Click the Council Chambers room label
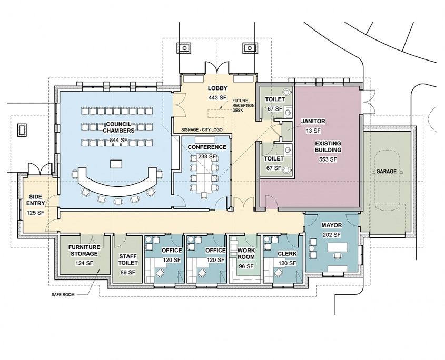pyautogui.click(x=118, y=127)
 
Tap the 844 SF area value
pyautogui.click(x=118, y=140)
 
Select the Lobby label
pyautogui.click(x=217, y=88)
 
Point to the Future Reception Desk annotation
pyautogui.click(x=240, y=105)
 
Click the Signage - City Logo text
pyautogui.click(x=202, y=129)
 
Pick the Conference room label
pyautogui.click(x=207, y=147)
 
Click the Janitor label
pyautogui.click(x=313, y=121)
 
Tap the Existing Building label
pyautogui.click(x=328, y=146)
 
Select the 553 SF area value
pyautogui.click(x=328, y=159)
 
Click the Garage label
pyautogui.click(x=386, y=172)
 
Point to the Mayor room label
pyautogui.click(x=331, y=225)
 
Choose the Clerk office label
pyautogui.click(x=287, y=254)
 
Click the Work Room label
pyautogui.click(x=246, y=254)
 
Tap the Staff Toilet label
pyautogui.click(x=128, y=259)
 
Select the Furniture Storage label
pyautogui.click(x=84, y=250)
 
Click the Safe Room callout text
pyautogui.click(x=63, y=294)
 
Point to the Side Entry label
pyautogui.click(x=35, y=199)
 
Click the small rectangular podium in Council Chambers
pyautogui.click(x=116, y=164)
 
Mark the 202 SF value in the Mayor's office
pyautogui.click(x=331, y=235)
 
